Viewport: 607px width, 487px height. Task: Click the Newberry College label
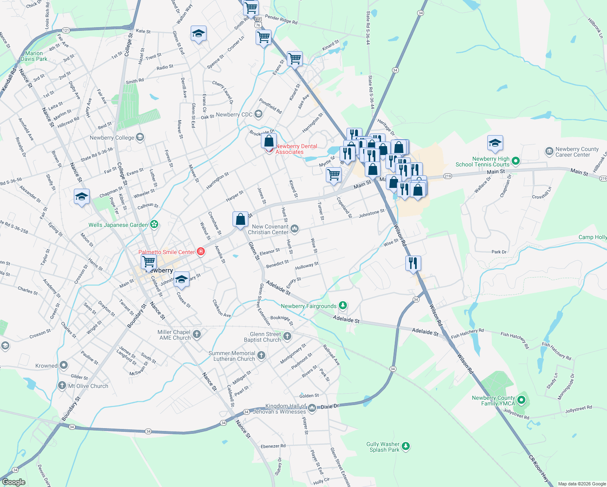coord(112,138)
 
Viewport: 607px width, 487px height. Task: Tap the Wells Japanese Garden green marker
coord(154,224)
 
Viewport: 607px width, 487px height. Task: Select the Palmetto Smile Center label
coord(166,252)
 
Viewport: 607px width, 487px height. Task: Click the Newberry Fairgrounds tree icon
coord(343,305)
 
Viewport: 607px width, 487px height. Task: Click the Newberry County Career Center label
coord(577,152)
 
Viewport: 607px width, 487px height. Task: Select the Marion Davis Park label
coord(34,56)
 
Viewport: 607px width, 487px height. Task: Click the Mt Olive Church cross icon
coord(62,385)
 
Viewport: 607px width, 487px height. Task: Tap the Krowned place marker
coord(64,365)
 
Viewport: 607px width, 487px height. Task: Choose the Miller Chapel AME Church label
coord(174,335)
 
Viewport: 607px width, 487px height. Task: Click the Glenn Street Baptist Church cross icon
coord(287,336)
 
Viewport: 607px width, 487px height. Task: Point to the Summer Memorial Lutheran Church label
coord(232,356)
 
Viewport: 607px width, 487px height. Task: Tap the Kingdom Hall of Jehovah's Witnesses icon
coord(312,408)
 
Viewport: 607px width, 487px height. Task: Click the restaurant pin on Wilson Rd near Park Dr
coord(413,263)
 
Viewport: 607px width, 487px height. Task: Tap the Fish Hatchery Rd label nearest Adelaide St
coord(467,333)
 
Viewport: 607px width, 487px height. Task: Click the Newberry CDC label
coord(234,115)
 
